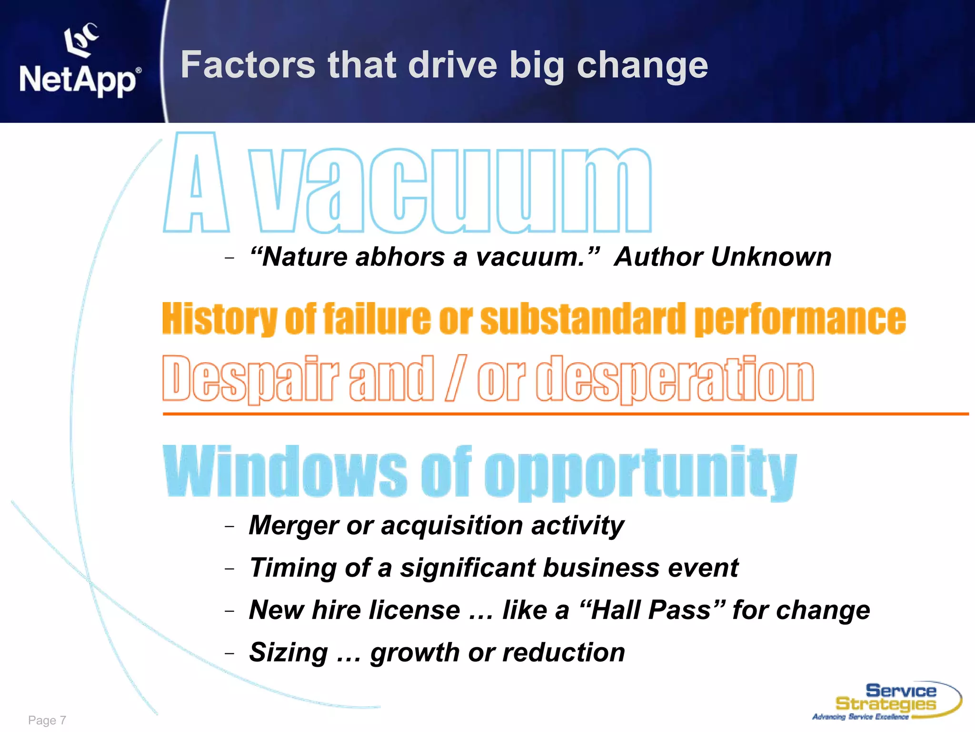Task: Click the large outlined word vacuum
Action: click(450, 191)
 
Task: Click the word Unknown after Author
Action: click(771, 257)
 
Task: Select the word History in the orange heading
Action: click(219, 319)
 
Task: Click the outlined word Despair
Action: click(250, 378)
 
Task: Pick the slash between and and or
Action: click(456, 378)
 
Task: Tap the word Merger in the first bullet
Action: click(293, 525)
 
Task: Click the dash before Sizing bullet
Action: click(230, 653)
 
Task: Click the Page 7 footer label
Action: click(47, 720)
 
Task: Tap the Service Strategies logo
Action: click(886, 701)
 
